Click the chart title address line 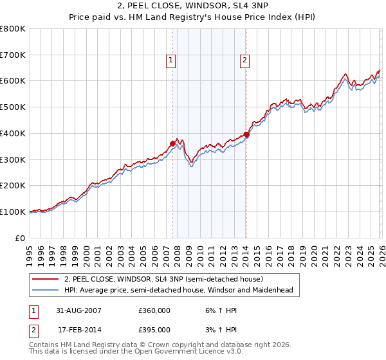(x=193, y=6)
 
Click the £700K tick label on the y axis (x=13, y=55)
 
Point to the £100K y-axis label (x=13, y=212)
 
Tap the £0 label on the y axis (x=20, y=238)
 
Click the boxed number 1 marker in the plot (x=171, y=60)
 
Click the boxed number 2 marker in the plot (x=245, y=60)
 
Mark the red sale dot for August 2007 (x=172, y=143)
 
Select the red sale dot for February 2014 (x=246, y=134)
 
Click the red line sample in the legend (x=46, y=280)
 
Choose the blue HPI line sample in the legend (x=46, y=291)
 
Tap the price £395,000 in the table (x=154, y=329)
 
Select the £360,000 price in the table (x=154, y=310)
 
